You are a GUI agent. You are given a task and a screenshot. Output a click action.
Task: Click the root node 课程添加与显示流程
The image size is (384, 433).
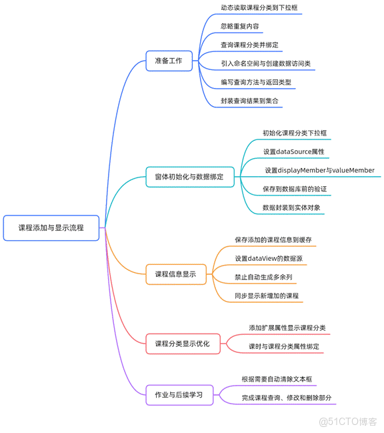pyautogui.click(x=51, y=228)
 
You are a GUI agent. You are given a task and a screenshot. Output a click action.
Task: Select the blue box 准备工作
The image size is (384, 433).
pyautogui.click(x=169, y=61)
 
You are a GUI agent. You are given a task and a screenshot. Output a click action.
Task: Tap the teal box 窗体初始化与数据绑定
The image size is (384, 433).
pyautogui.click(x=190, y=177)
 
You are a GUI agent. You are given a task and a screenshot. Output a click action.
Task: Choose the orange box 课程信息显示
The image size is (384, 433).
pyautogui.click(x=175, y=274)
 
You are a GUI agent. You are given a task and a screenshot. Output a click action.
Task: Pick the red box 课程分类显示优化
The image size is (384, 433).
pyautogui.click(x=182, y=344)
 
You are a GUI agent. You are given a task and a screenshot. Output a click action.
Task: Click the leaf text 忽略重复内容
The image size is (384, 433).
pyautogui.click(x=240, y=27)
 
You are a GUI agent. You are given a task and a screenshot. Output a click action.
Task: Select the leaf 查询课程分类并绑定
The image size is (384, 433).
pyautogui.click(x=249, y=45)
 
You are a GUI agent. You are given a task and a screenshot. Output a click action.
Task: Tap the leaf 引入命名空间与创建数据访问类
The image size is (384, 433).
pyautogui.click(x=265, y=64)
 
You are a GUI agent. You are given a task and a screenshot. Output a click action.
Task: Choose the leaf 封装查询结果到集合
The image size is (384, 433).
pyautogui.click(x=249, y=101)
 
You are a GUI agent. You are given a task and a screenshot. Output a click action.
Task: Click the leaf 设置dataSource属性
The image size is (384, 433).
pyautogui.click(x=293, y=152)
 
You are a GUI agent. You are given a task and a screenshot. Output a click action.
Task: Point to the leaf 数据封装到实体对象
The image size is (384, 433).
pyautogui.click(x=291, y=208)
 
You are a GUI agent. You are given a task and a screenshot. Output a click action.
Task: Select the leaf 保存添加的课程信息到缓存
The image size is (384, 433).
pyautogui.click(x=273, y=240)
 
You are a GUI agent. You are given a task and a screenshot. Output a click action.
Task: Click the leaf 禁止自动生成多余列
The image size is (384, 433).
pyautogui.click(x=263, y=277)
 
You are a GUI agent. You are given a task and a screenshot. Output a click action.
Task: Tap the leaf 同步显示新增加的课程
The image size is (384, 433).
pyautogui.click(x=266, y=296)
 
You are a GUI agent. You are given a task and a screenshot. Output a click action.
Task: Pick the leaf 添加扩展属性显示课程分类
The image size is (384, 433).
pyautogui.click(x=287, y=328)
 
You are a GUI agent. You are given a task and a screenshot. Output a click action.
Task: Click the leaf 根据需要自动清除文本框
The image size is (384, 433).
pyautogui.click(x=277, y=380)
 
